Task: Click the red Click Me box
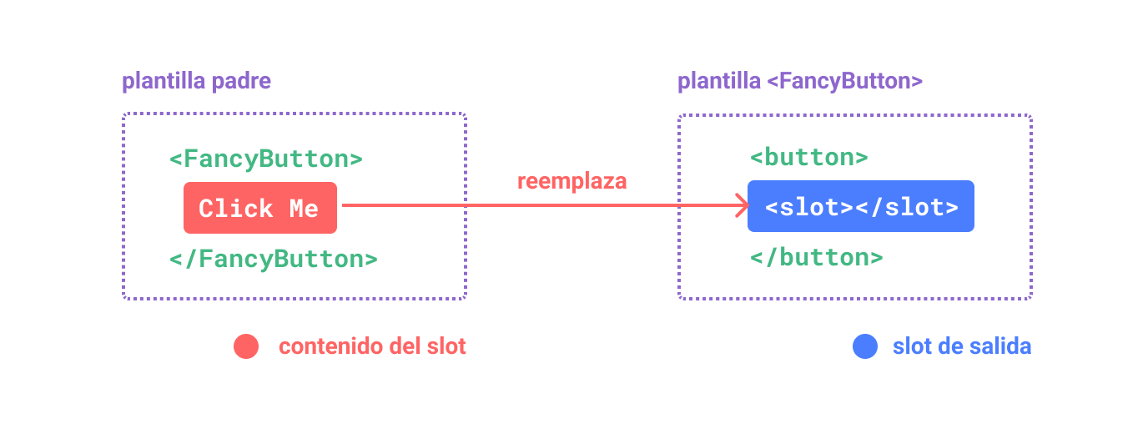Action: [260, 208]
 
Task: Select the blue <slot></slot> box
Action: [860, 206]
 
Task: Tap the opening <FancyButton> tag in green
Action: [265, 159]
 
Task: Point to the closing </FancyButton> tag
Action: [273, 259]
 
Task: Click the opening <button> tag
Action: [808, 157]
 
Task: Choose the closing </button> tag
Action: [816, 257]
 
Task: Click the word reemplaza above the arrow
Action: [571, 181]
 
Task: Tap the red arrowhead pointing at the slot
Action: [739, 205]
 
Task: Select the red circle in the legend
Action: [246, 346]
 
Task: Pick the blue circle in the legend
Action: [865, 346]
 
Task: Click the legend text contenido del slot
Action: [372, 346]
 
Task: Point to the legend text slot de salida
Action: [961, 346]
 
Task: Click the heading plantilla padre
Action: [196, 82]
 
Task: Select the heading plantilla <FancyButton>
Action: [799, 82]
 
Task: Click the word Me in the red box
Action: [304, 209]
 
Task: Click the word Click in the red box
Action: [235, 209]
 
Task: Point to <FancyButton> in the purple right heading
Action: [843, 82]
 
